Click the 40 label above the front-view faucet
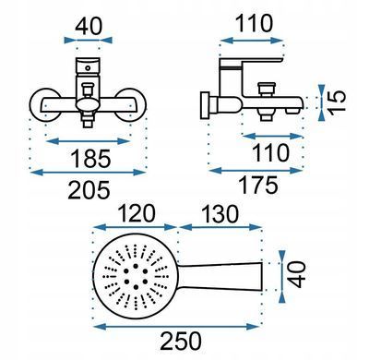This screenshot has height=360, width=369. click(x=88, y=27)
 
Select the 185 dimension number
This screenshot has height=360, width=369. click(x=90, y=159)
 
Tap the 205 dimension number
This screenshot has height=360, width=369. click(x=89, y=190)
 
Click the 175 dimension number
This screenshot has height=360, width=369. click(x=258, y=186)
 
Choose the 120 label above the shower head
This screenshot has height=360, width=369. click(x=136, y=214)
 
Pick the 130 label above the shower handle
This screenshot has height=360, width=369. click(x=220, y=214)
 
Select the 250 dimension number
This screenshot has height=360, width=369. click(x=181, y=341)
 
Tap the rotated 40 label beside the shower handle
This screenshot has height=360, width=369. click(x=296, y=274)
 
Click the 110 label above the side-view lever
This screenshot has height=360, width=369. click(x=254, y=23)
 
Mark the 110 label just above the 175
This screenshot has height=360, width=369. click(x=270, y=152)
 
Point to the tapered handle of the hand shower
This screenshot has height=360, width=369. click(x=220, y=277)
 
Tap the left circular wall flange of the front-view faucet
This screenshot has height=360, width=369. click(x=45, y=104)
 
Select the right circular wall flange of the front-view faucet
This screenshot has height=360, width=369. click(x=131, y=104)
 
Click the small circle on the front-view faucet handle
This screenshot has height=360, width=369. click(x=88, y=68)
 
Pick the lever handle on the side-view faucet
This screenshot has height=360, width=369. click(x=251, y=63)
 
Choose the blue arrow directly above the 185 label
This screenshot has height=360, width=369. click(x=88, y=141)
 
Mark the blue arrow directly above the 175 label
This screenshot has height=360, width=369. click(x=255, y=171)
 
